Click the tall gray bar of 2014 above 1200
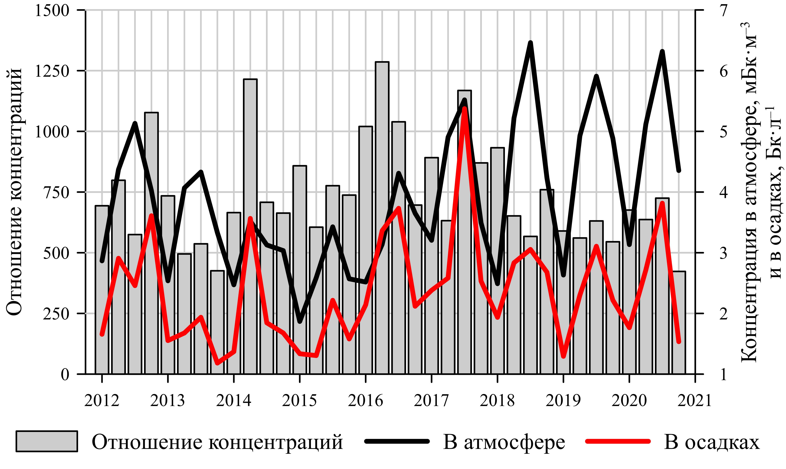[250, 226]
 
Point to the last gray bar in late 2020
[679, 322]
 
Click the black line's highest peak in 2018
[531, 43]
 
